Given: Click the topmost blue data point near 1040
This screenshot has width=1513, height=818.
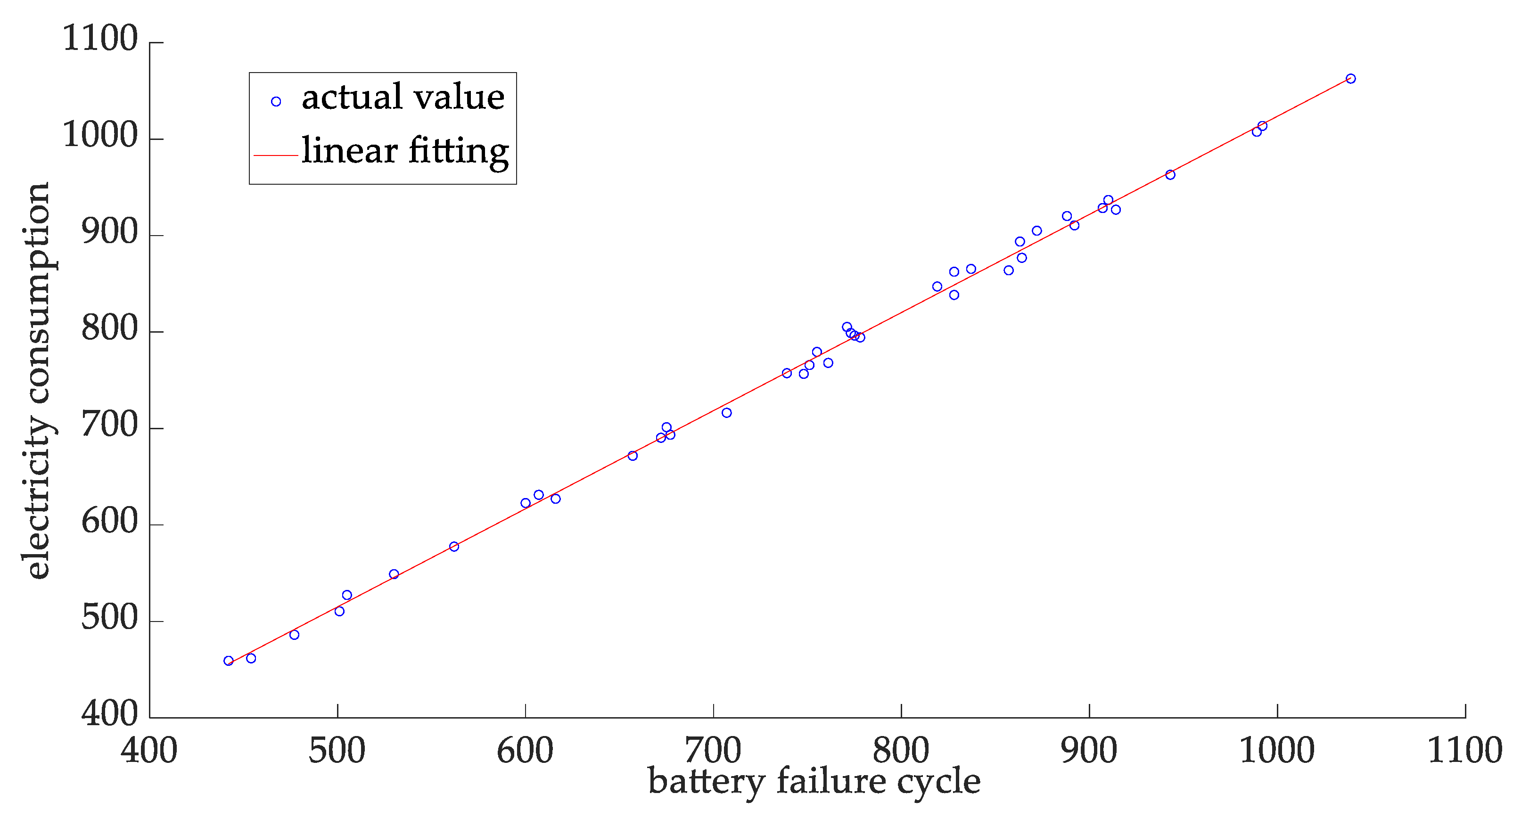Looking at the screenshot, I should coord(1351,79).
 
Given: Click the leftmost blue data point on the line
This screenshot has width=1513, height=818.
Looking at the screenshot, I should coord(229,661).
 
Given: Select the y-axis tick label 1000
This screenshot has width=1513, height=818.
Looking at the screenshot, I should coord(100,136).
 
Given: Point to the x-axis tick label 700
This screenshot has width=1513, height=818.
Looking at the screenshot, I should coord(713,751).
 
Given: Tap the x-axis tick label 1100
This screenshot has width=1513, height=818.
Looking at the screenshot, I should coord(1464,751).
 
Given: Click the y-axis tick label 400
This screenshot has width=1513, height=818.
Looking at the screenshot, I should coord(109,713).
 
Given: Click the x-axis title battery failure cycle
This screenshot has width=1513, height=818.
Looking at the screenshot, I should coord(814,782).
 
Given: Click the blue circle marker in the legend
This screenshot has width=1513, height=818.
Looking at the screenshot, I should coord(275,102).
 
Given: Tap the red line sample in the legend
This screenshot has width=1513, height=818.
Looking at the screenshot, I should coord(275,155).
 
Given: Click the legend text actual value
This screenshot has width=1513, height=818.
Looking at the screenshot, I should coord(403,98).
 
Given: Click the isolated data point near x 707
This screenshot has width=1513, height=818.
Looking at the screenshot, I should coord(726,413).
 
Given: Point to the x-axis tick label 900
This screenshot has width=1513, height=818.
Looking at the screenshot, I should coord(1089,751).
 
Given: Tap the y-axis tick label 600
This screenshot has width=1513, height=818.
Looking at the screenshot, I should coord(109,522).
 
